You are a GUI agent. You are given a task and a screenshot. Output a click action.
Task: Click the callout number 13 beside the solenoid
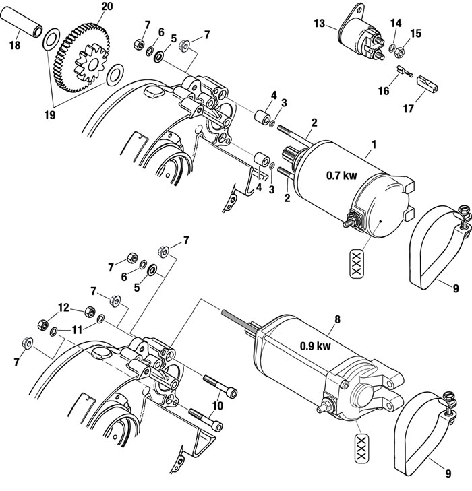click(x=320, y=25)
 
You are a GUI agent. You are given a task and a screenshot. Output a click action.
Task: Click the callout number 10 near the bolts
click(x=216, y=405)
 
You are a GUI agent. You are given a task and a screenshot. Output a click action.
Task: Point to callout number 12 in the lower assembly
click(x=63, y=308)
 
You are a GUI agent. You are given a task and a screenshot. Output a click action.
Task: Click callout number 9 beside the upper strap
click(x=456, y=288)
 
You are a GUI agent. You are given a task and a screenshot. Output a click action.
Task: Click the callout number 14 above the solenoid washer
click(x=396, y=23)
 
